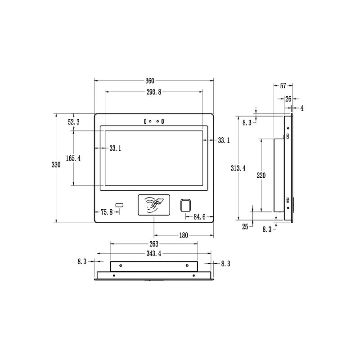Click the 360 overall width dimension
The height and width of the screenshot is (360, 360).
click(x=150, y=81)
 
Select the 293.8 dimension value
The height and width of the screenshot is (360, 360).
click(x=154, y=92)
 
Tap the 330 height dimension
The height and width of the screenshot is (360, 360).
click(x=56, y=165)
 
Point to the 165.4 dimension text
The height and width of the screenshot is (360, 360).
click(x=73, y=158)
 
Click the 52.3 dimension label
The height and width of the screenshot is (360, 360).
click(x=74, y=122)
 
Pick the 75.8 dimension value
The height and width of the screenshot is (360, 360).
click(x=107, y=212)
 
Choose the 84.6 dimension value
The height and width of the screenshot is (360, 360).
click(x=199, y=217)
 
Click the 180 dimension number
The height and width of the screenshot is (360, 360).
click(x=184, y=235)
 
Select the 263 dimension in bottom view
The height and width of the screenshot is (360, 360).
click(x=154, y=244)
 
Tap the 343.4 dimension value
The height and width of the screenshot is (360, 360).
click(x=154, y=253)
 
